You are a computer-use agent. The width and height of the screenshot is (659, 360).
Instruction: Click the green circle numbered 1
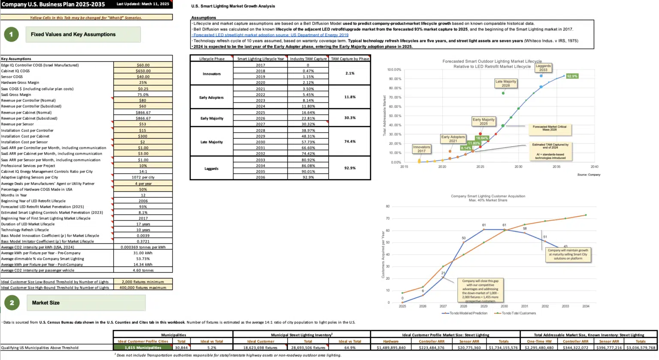[x=11, y=34]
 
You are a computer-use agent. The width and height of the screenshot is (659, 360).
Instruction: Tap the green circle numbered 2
[x=12, y=303]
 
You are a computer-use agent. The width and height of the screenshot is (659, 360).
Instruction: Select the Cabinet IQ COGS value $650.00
[x=143, y=71]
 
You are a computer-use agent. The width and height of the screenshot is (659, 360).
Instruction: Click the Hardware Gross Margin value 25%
[x=143, y=82]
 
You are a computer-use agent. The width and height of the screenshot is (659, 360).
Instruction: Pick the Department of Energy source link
[x=271, y=35]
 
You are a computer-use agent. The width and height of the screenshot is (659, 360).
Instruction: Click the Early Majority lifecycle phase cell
[x=212, y=118]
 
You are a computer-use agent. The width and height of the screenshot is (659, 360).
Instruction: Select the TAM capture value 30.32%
[x=308, y=124]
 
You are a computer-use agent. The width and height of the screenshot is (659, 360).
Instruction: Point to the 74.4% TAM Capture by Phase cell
[x=350, y=142]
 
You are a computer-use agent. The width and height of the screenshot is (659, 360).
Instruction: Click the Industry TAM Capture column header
[x=308, y=59]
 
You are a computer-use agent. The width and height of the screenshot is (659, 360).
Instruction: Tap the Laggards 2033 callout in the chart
[x=543, y=68]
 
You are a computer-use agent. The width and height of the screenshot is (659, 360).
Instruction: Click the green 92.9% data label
[x=572, y=76]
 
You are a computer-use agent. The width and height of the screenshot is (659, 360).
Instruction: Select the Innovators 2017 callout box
[x=421, y=148]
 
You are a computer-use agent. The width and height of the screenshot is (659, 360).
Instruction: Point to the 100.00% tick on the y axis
[x=394, y=70]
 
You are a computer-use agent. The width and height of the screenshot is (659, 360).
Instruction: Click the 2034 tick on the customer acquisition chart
[x=586, y=306]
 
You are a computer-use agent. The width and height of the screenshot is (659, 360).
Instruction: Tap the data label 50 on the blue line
[x=463, y=238]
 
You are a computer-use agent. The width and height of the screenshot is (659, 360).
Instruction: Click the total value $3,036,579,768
[x=640, y=348]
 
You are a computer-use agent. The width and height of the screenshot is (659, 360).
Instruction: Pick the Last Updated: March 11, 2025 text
[x=143, y=4]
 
